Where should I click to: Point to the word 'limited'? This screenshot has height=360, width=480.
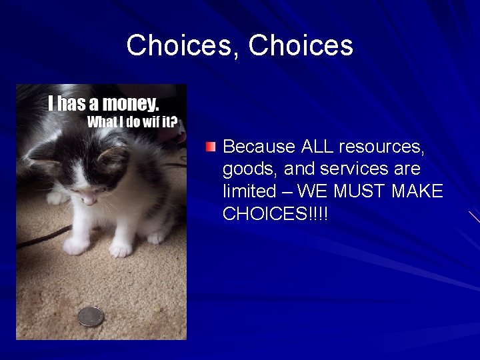249,191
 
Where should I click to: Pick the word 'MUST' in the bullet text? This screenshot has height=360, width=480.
361,191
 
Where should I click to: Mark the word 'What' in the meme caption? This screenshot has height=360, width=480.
101,122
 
